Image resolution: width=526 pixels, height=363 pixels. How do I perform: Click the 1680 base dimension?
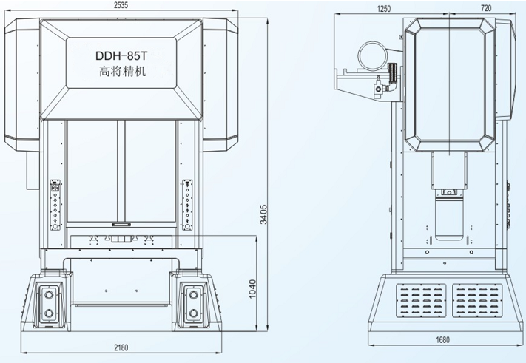coord(442,339)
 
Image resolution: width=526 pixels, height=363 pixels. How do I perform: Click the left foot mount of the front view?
coord(50,302)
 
